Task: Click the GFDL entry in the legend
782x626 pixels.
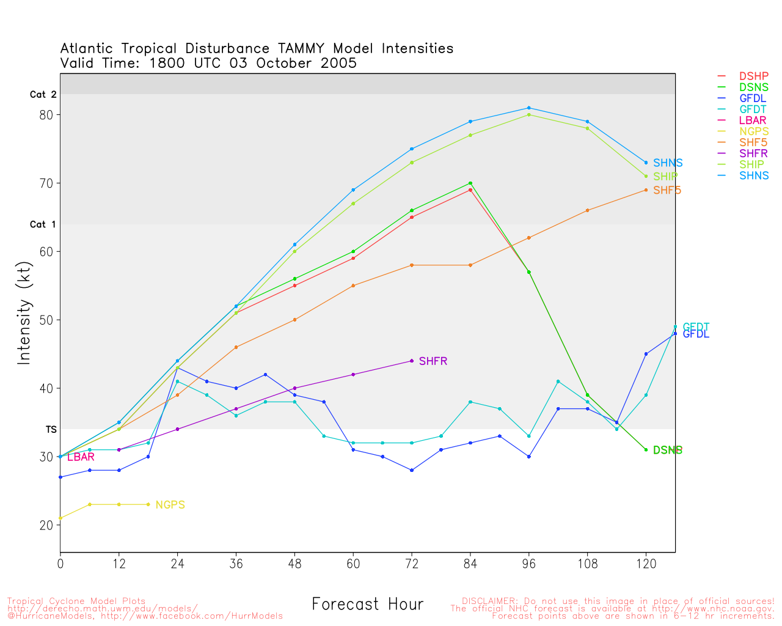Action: [752, 98]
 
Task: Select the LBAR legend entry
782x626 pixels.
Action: [752, 120]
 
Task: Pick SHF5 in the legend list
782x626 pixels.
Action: [752, 142]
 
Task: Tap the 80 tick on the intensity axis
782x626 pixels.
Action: [46, 115]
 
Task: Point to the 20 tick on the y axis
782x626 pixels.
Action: [46, 525]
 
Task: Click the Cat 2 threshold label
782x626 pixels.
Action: [43, 95]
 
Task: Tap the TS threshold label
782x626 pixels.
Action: [51, 430]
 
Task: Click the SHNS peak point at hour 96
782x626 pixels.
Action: [529, 108]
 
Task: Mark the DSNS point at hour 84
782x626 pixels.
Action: [470, 183]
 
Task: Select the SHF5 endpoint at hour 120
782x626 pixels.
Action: [646, 190]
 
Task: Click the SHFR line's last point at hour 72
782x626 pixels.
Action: [412, 361]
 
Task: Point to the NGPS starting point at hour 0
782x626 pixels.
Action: [60, 518]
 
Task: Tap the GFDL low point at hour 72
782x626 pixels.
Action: [412, 470]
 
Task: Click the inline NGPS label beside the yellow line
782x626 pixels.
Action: [170, 505]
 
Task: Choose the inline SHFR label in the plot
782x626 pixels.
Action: [433, 361]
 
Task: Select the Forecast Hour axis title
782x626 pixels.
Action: [367, 605]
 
